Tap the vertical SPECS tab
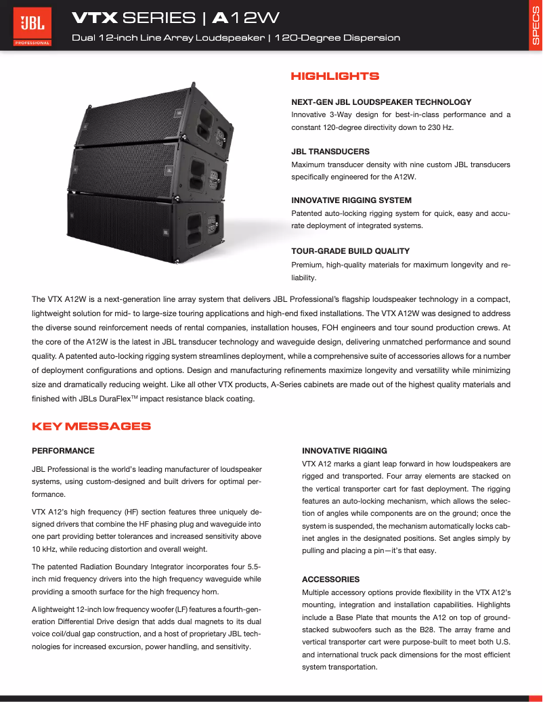coord(535,26)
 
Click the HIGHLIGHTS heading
coord(334,76)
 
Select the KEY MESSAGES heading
coord(91,426)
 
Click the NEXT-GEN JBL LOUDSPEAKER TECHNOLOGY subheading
coord(381,102)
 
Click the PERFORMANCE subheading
coord(63,450)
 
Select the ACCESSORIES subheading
coord(330,579)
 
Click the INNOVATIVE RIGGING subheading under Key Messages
coord(345,450)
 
